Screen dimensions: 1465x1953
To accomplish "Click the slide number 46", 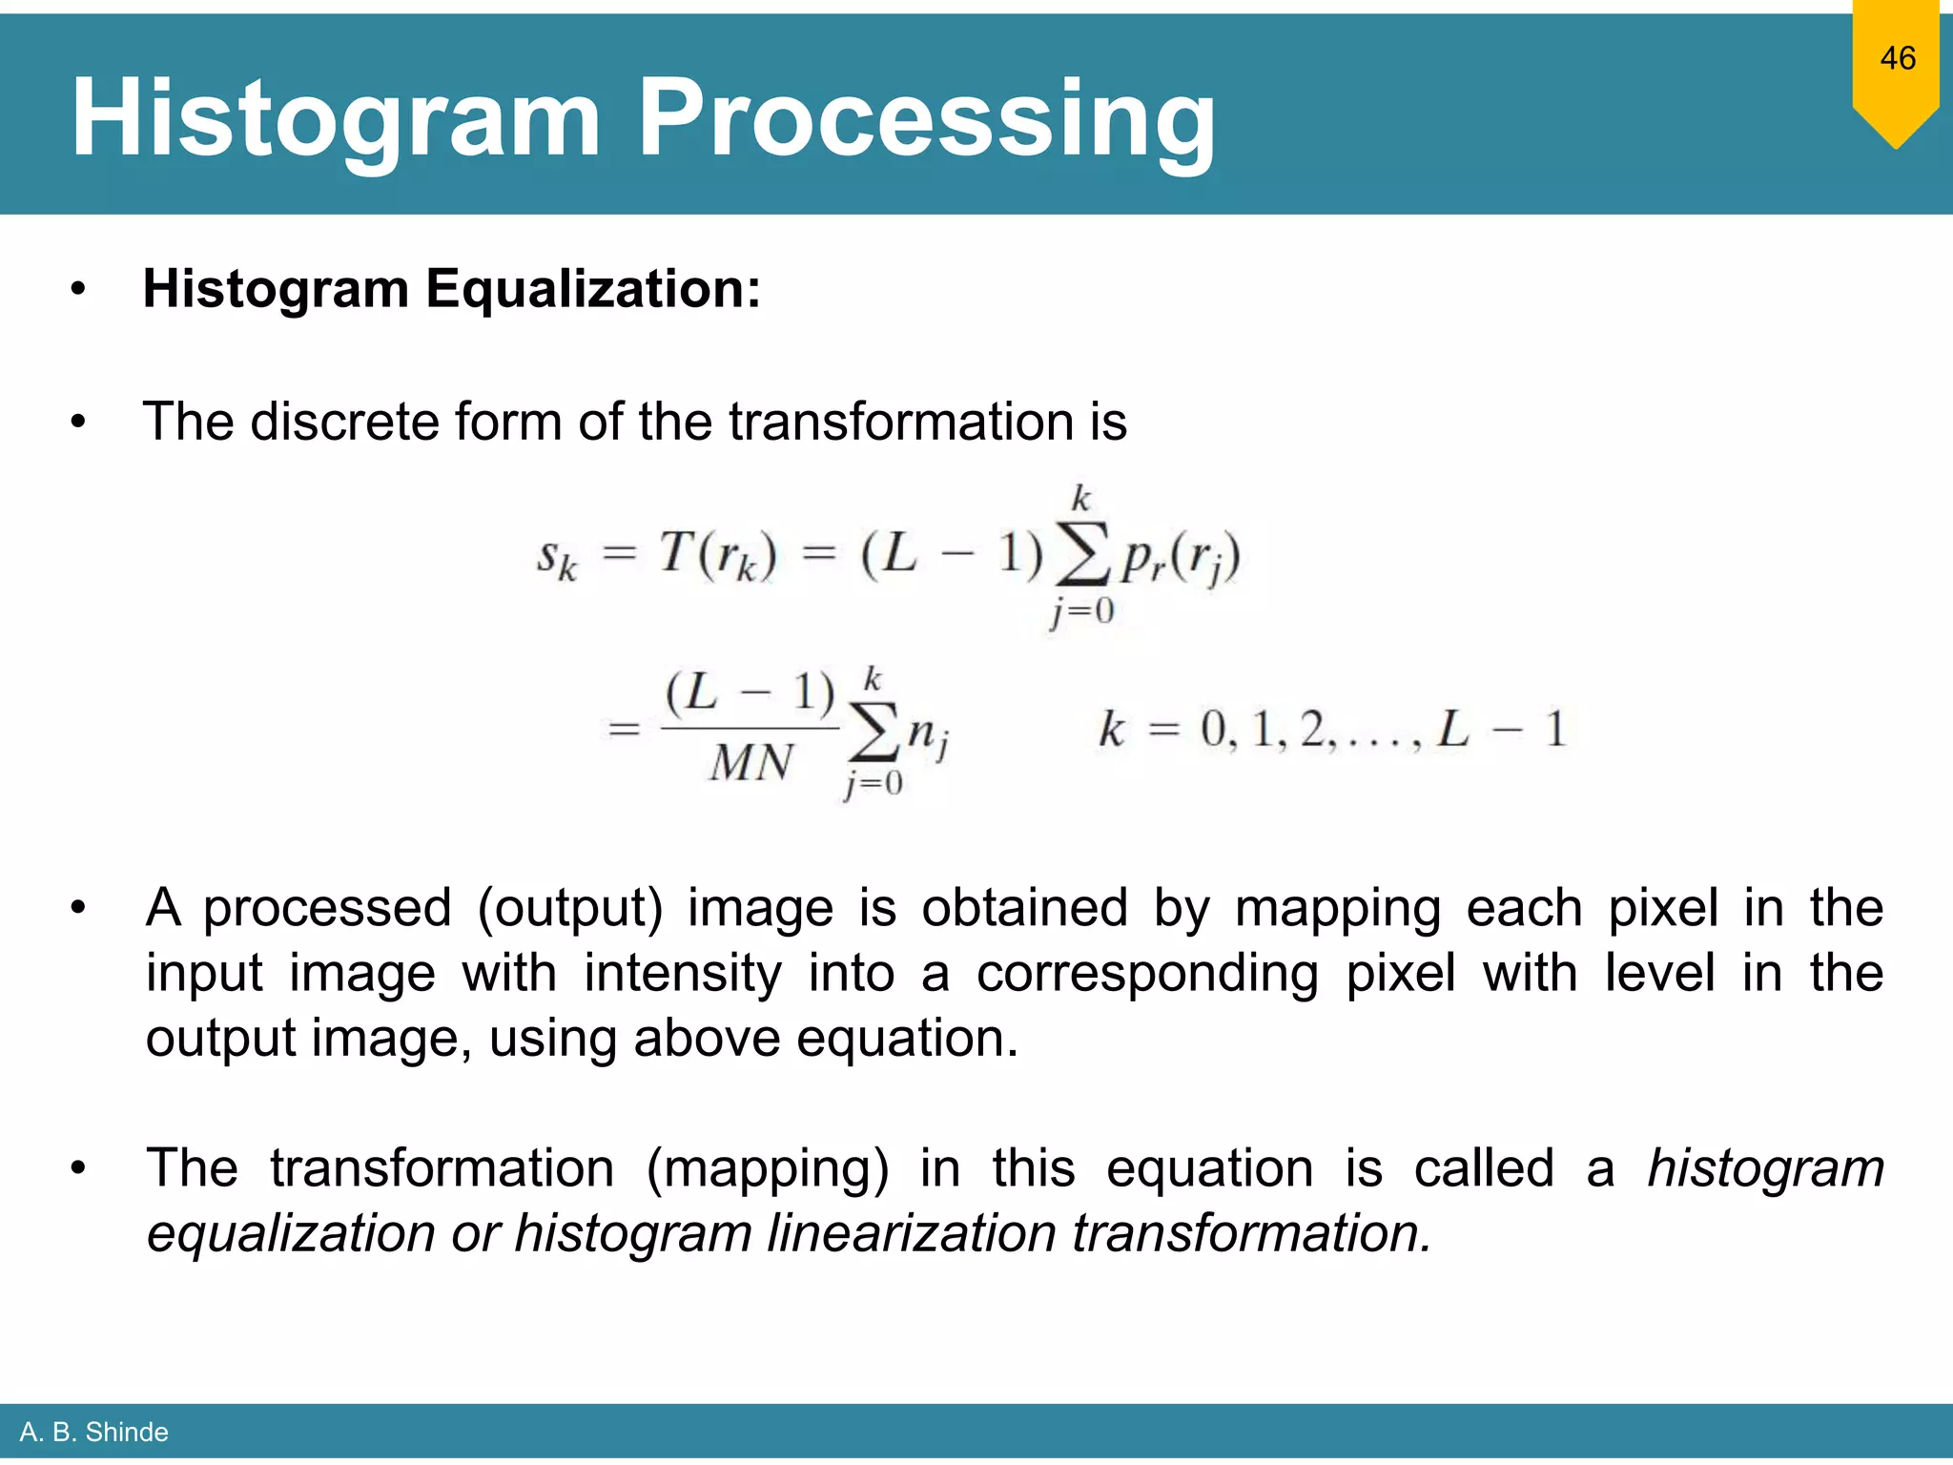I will [1897, 58].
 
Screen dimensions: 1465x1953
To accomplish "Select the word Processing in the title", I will [926, 119].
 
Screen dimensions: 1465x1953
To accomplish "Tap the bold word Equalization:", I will [593, 288].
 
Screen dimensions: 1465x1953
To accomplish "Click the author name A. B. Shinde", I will [93, 1432].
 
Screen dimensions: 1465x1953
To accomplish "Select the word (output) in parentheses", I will [569, 907].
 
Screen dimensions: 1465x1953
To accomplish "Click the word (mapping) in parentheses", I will [767, 1167].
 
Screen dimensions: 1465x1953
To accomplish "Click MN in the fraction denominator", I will [750, 763].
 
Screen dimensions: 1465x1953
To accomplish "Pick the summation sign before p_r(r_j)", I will [1081, 554].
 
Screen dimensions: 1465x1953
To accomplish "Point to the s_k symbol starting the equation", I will [557, 558].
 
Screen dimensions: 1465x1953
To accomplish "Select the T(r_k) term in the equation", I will [718, 555].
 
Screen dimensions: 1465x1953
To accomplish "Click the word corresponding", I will [1148, 973].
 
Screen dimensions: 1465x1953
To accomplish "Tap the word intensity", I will [683, 973].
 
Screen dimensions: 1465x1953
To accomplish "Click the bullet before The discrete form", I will [78, 422].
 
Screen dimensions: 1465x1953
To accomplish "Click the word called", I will [1484, 1167].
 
